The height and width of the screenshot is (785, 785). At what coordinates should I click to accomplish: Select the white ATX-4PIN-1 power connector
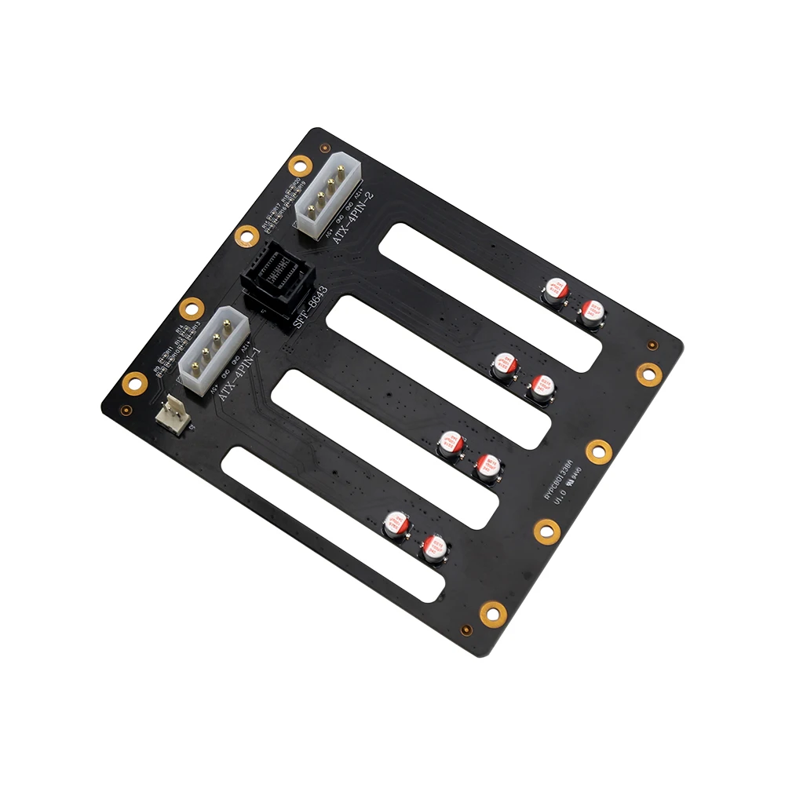coord(213,351)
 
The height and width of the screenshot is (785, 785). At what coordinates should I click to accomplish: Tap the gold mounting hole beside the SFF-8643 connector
coord(246,234)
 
